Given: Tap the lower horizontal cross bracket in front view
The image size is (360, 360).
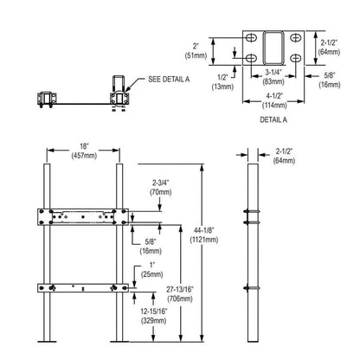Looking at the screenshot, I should tap(83, 286).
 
